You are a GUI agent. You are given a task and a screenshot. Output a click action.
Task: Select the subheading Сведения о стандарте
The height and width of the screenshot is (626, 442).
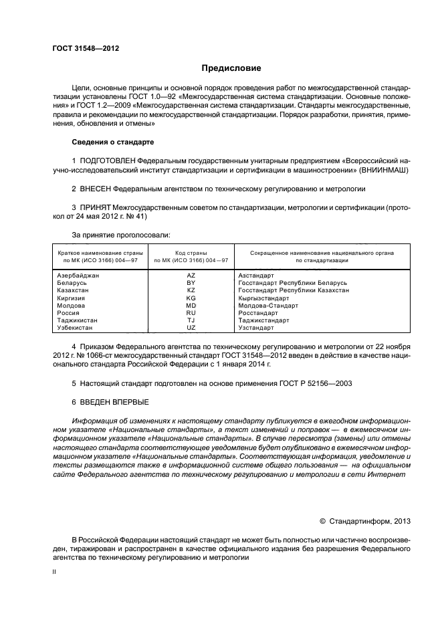point(112,143)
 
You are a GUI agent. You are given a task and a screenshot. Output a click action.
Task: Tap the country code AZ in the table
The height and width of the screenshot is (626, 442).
point(191,275)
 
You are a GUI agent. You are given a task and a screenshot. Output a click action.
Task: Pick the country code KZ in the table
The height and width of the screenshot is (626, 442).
point(191,290)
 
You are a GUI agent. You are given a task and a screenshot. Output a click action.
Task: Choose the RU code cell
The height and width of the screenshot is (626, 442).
point(191,312)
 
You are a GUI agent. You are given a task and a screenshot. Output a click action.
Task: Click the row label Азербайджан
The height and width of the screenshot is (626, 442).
point(78,275)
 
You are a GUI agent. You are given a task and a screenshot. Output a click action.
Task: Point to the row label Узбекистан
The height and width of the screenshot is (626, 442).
point(75,328)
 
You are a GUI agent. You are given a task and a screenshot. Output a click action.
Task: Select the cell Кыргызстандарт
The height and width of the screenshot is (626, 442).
point(263,298)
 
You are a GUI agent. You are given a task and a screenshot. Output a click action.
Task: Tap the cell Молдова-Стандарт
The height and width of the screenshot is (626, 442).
point(265,305)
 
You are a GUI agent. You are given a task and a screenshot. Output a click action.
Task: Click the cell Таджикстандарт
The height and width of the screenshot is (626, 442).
point(263,320)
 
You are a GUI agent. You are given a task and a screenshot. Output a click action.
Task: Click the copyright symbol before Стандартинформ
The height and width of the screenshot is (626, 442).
point(323,520)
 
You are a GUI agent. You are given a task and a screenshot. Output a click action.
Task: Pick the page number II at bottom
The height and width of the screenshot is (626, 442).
point(55,573)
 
